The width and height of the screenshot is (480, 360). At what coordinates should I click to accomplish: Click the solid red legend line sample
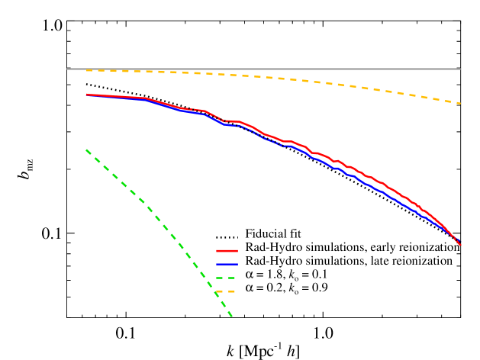click(227, 251)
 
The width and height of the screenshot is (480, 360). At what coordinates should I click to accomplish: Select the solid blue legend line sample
click(227, 264)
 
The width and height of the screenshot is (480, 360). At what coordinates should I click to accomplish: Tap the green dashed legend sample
click(226, 278)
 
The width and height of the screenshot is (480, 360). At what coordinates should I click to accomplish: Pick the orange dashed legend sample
click(226, 291)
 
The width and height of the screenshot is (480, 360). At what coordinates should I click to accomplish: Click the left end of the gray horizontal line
click(68, 69)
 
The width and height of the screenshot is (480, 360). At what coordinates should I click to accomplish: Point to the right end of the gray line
click(460, 69)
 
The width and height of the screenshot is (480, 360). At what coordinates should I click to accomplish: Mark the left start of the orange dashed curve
click(87, 70)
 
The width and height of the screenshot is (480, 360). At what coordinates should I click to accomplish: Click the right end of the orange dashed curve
click(460, 103)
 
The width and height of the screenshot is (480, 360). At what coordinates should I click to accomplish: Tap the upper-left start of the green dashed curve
click(86, 149)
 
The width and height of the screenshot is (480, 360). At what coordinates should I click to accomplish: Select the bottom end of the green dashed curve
click(231, 316)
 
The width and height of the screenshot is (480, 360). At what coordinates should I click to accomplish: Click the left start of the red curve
click(87, 95)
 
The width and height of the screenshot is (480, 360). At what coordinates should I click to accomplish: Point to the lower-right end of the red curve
click(460, 245)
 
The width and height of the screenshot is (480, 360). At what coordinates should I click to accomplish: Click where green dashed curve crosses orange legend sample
click(218, 291)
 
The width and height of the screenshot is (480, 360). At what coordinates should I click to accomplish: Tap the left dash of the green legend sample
click(220, 278)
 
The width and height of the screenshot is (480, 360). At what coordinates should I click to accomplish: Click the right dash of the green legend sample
click(231, 278)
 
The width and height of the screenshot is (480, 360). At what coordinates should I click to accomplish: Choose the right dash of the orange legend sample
click(231, 291)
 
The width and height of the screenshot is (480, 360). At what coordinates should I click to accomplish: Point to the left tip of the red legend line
click(217, 251)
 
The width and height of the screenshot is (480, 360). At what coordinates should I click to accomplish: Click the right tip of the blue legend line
click(237, 264)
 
